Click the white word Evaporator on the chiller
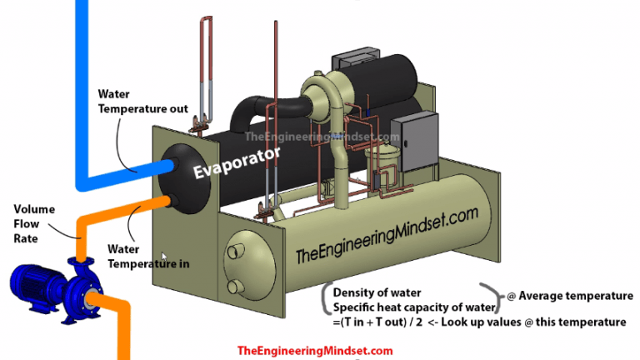[237, 163]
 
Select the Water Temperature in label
[148, 256]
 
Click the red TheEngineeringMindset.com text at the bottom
[314, 351]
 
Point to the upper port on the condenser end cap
[237, 247]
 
